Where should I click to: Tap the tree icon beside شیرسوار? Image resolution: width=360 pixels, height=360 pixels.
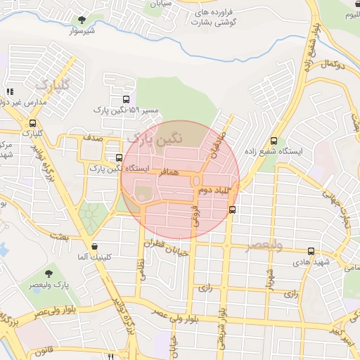pos(82,20)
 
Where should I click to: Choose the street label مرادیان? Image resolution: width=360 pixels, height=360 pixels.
pos(215,144)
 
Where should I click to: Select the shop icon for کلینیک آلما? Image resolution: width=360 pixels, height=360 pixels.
pos(95,247)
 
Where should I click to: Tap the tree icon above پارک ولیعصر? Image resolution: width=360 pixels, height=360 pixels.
pos(49,273)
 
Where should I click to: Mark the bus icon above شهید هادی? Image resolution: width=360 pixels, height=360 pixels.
pos(311,251)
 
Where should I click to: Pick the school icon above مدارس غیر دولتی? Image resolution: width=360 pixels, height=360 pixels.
pos(10,91)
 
